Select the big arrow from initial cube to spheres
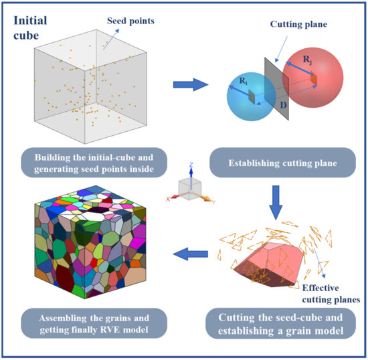(189, 85)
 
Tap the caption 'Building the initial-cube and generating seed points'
(94, 161)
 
